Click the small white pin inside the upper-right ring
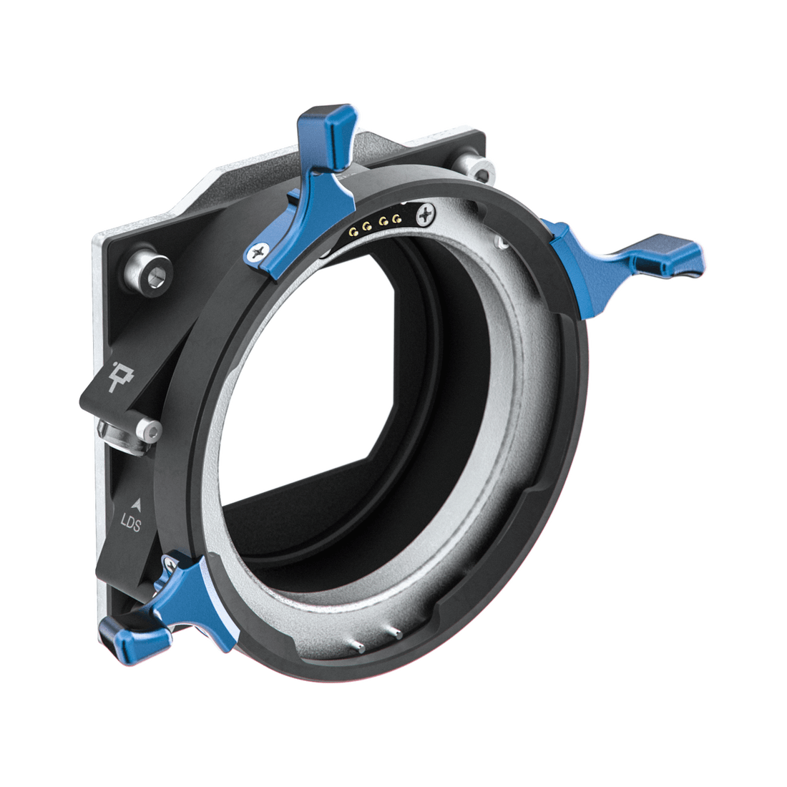coord(503,244)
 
